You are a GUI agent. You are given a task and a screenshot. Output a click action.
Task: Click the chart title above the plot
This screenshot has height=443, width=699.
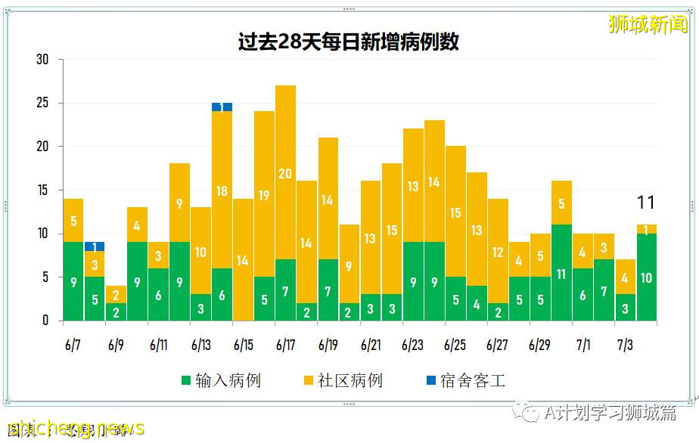tap(349, 42)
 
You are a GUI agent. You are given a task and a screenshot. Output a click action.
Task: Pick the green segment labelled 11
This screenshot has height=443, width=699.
tap(561, 273)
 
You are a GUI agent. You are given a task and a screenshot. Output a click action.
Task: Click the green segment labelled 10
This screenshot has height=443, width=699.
tap(646, 277)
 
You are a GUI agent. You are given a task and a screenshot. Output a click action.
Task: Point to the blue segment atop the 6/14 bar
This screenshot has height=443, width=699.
tap(222, 107)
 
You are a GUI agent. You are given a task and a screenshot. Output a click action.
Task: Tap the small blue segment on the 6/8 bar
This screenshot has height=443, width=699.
tap(95, 246)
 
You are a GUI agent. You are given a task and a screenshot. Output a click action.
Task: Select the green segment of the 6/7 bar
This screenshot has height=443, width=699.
tap(73, 281)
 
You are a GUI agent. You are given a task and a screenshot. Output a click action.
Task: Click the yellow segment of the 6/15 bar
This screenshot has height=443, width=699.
tap(243, 260)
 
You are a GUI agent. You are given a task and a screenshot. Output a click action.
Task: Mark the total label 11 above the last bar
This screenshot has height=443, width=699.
tap(645, 203)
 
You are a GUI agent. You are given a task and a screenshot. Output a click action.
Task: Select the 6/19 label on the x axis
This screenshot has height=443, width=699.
tap(328, 345)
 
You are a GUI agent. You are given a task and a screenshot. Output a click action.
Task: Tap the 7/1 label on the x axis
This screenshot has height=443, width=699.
tap(582, 345)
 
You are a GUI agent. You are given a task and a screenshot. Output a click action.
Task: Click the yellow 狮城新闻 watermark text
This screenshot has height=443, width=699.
tap(648, 25)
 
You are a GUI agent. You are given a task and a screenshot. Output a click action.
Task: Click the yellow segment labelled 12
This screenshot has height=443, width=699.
tap(498, 252)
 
